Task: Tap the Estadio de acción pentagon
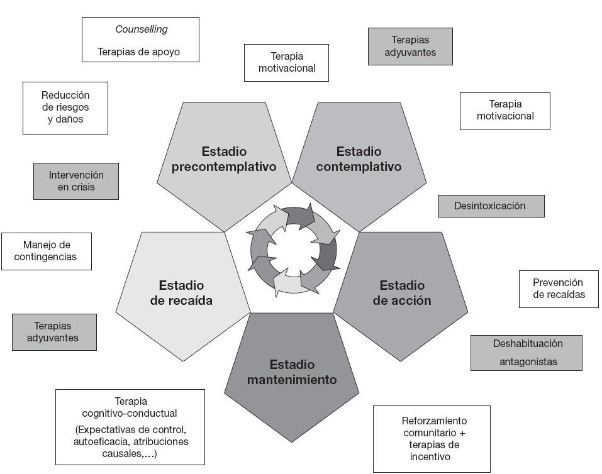(x=402, y=293)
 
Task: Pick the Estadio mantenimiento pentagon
(x=292, y=371)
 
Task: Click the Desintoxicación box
(x=490, y=206)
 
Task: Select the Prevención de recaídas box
(x=558, y=289)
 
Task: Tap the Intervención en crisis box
(x=75, y=181)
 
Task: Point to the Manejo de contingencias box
(x=46, y=251)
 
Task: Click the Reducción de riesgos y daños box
(x=65, y=107)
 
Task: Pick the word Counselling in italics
(x=141, y=30)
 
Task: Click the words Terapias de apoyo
(x=139, y=52)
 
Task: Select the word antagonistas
(x=528, y=361)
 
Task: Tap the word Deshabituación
(x=528, y=344)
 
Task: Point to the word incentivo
(x=430, y=457)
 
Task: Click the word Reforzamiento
(x=434, y=421)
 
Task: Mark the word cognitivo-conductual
(x=130, y=413)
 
